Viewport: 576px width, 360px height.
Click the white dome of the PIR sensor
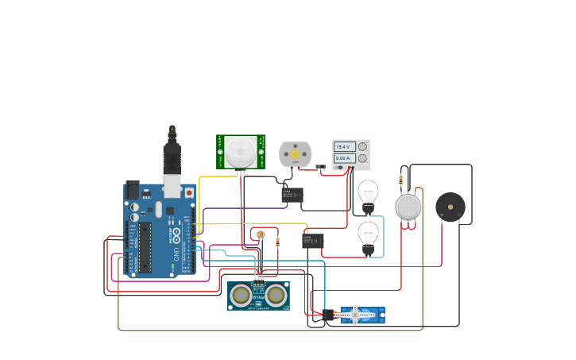[241, 152]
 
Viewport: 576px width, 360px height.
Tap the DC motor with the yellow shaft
[295, 154]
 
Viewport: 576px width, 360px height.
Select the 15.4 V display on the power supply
[343, 147]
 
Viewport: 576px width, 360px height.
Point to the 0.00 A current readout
[343, 158]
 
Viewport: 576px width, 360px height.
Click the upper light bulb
[367, 194]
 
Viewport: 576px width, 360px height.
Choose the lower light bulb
[367, 236]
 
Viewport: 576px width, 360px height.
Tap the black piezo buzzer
[450, 207]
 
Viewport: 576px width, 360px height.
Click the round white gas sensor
[408, 207]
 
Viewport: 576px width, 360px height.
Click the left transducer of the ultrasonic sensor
[241, 296]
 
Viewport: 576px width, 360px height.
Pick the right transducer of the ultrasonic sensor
[276, 296]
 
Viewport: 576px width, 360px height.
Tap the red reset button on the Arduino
[189, 192]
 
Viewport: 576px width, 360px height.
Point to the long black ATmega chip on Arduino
[145, 246]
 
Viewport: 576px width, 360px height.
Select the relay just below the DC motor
[292, 194]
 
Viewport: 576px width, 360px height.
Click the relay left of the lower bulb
[312, 239]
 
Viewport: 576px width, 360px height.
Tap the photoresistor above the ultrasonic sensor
[260, 234]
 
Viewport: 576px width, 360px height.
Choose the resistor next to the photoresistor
[277, 242]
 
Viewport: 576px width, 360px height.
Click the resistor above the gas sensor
[400, 180]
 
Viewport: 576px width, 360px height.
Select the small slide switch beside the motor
[320, 167]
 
